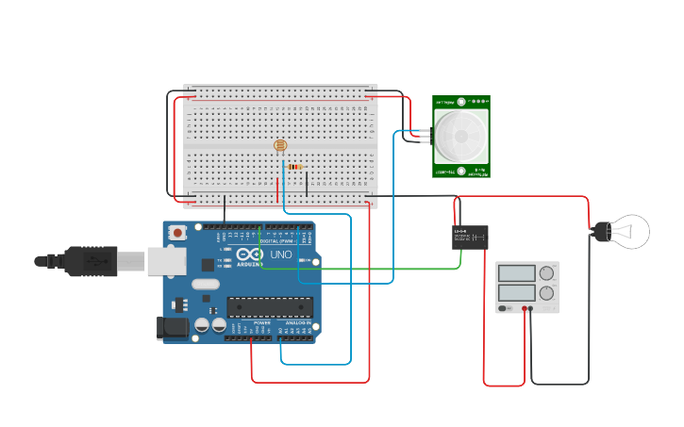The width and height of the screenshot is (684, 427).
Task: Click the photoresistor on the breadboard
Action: (x=280, y=145)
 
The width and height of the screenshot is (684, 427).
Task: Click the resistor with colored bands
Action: (x=294, y=167)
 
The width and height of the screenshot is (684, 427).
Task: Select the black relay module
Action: (x=470, y=237)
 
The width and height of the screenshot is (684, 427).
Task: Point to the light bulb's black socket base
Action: (x=600, y=231)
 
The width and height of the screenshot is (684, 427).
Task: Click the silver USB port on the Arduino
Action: (x=166, y=261)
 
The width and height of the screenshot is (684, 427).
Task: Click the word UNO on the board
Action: (x=281, y=255)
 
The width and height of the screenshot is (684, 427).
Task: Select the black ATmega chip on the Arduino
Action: (x=269, y=307)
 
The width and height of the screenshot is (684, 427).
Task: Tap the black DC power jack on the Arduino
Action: (x=172, y=328)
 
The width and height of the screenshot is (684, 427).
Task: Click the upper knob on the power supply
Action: (x=546, y=273)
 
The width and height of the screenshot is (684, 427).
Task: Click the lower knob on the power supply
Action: (x=546, y=292)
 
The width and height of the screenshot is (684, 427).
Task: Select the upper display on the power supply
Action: (x=516, y=273)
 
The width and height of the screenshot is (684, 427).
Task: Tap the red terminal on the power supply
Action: (x=525, y=308)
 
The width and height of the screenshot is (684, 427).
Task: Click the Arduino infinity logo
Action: (x=250, y=255)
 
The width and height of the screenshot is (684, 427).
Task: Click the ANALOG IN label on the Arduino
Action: (x=298, y=323)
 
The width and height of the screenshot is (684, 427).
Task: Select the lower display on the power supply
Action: (x=516, y=292)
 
